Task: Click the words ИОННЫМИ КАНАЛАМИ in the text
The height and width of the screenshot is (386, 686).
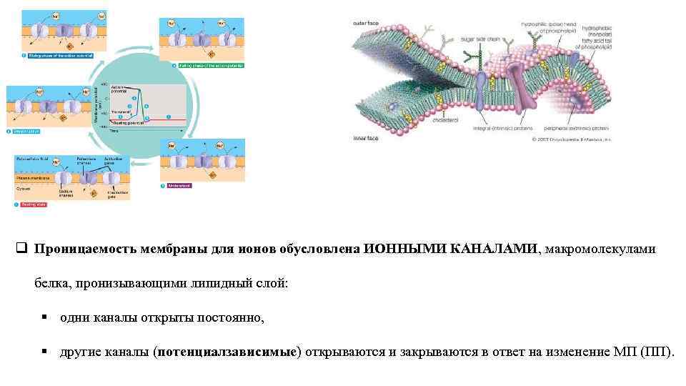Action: (x=452, y=249)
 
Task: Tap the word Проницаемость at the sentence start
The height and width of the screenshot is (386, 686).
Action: (x=79, y=249)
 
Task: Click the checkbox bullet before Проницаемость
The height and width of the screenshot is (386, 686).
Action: (x=21, y=249)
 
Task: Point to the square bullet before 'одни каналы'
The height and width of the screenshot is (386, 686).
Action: (x=44, y=318)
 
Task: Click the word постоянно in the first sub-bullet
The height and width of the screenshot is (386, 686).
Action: (x=232, y=318)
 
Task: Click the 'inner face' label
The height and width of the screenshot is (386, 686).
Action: (x=365, y=139)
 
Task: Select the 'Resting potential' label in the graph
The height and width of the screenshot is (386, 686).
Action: (x=127, y=123)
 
